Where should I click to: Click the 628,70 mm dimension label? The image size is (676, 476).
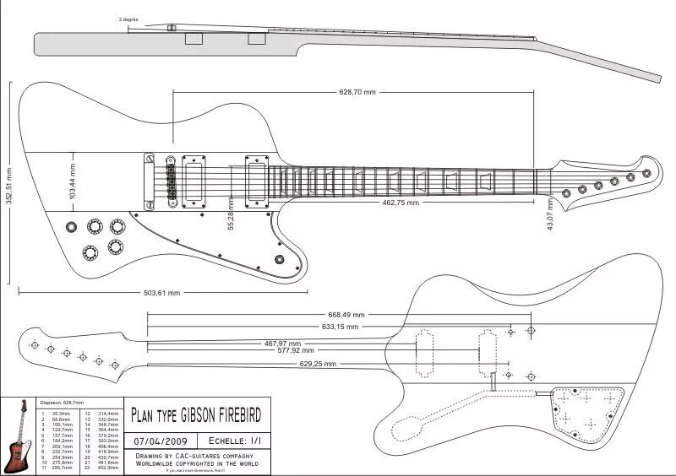357,91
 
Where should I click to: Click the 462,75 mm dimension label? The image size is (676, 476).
401,203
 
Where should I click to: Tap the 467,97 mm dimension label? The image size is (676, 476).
282,343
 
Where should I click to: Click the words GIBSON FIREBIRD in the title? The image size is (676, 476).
220,414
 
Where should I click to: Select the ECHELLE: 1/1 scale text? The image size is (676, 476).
234,441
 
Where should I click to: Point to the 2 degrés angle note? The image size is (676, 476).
130,18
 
